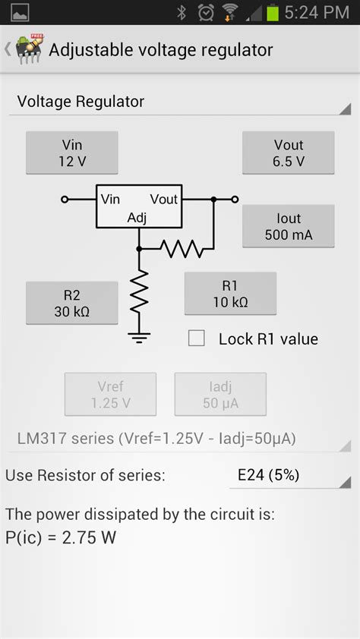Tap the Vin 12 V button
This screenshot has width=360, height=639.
(x=72, y=153)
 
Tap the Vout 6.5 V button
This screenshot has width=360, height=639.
(x=288, y=153)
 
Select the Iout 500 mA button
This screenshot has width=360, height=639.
(x=288, y=226)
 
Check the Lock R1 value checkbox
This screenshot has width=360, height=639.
(x=197, y=338)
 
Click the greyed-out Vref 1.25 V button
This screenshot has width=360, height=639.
(x=110, y=394)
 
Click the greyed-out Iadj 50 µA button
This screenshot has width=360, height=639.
(x=220, y=394)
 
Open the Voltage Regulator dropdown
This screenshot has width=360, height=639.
(x=180, y=102)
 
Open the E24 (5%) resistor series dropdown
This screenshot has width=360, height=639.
(x=290, y=476)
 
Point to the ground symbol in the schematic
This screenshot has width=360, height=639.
(x=138, y=336)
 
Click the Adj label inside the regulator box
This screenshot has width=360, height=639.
(x=137, y=218)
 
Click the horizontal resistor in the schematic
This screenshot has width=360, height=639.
(x=181, y=248)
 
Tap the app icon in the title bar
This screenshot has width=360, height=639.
(x=28, y=51)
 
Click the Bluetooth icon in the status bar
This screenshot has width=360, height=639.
(x=182, y=12)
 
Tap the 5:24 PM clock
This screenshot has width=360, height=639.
(x=317, y=12)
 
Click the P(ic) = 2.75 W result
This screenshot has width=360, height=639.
(x=61, y=538)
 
